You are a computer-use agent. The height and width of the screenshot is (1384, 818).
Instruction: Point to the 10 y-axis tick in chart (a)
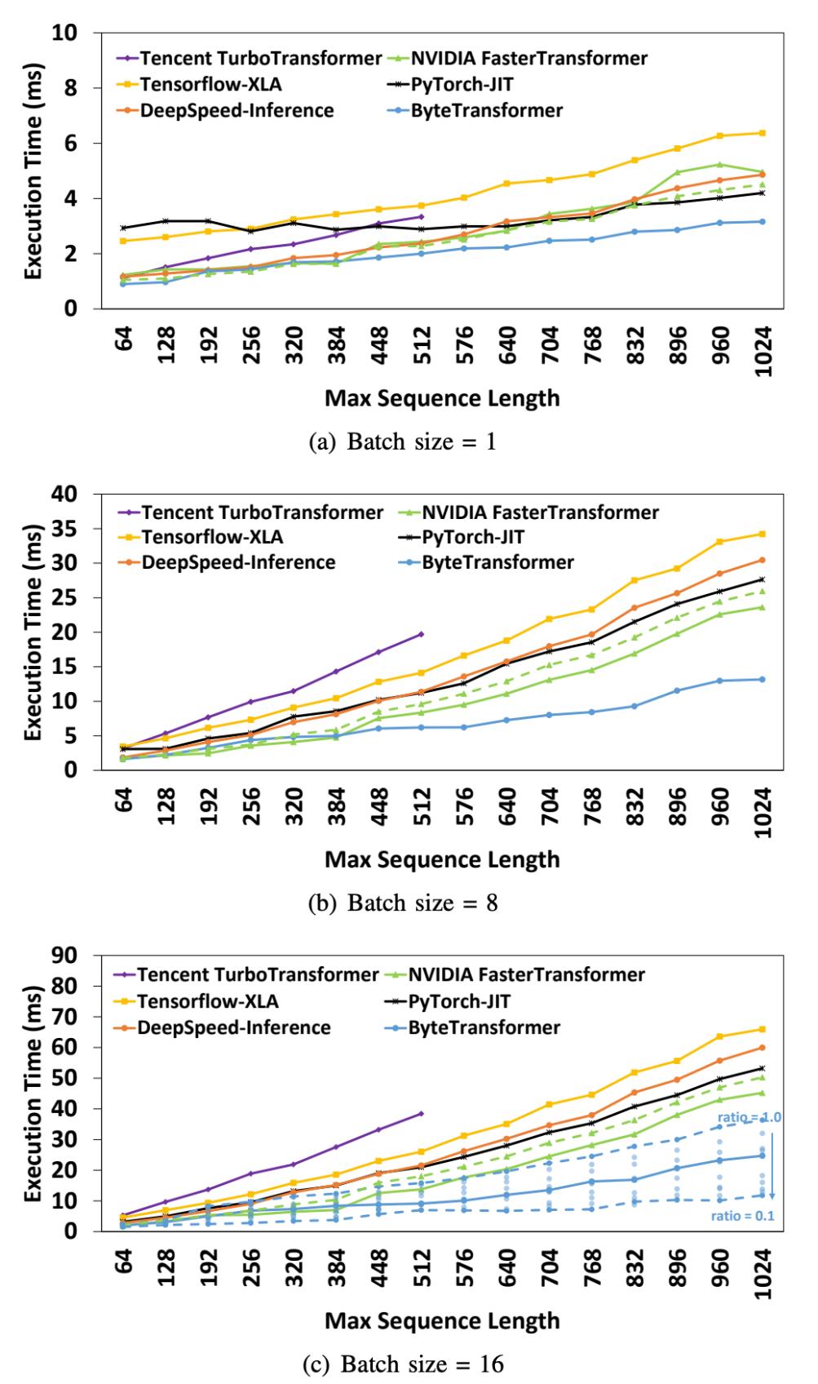tap(68, 33)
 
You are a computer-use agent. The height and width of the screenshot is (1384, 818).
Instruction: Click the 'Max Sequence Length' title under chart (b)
tap(442, 858)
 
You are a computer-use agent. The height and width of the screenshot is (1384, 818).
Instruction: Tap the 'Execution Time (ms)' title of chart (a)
tap(33, 171)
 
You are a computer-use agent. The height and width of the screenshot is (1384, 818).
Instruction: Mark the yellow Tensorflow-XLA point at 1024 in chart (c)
tap(763, 1029)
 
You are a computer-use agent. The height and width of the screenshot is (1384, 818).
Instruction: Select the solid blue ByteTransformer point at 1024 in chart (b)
tap(763, 679)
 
